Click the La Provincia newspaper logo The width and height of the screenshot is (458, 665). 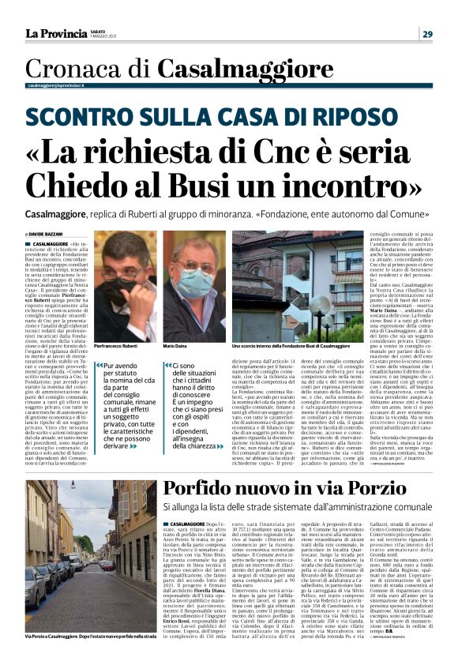click(55, 33)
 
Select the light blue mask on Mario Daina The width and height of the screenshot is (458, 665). click(194, 281)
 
